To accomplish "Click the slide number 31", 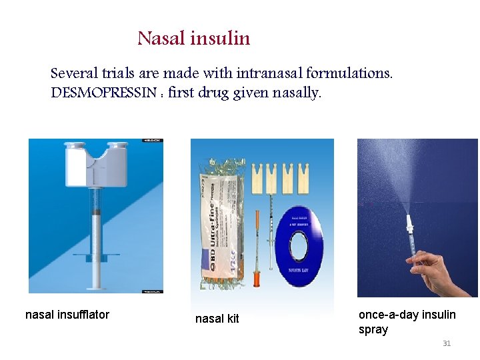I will (x=447, y=343).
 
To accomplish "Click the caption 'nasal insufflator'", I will (x=67, y=315).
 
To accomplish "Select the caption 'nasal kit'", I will (x=217, y=319).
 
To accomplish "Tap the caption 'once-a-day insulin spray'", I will (x=407, y=321).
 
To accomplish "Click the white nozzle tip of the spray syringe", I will (x=409, y=220).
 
